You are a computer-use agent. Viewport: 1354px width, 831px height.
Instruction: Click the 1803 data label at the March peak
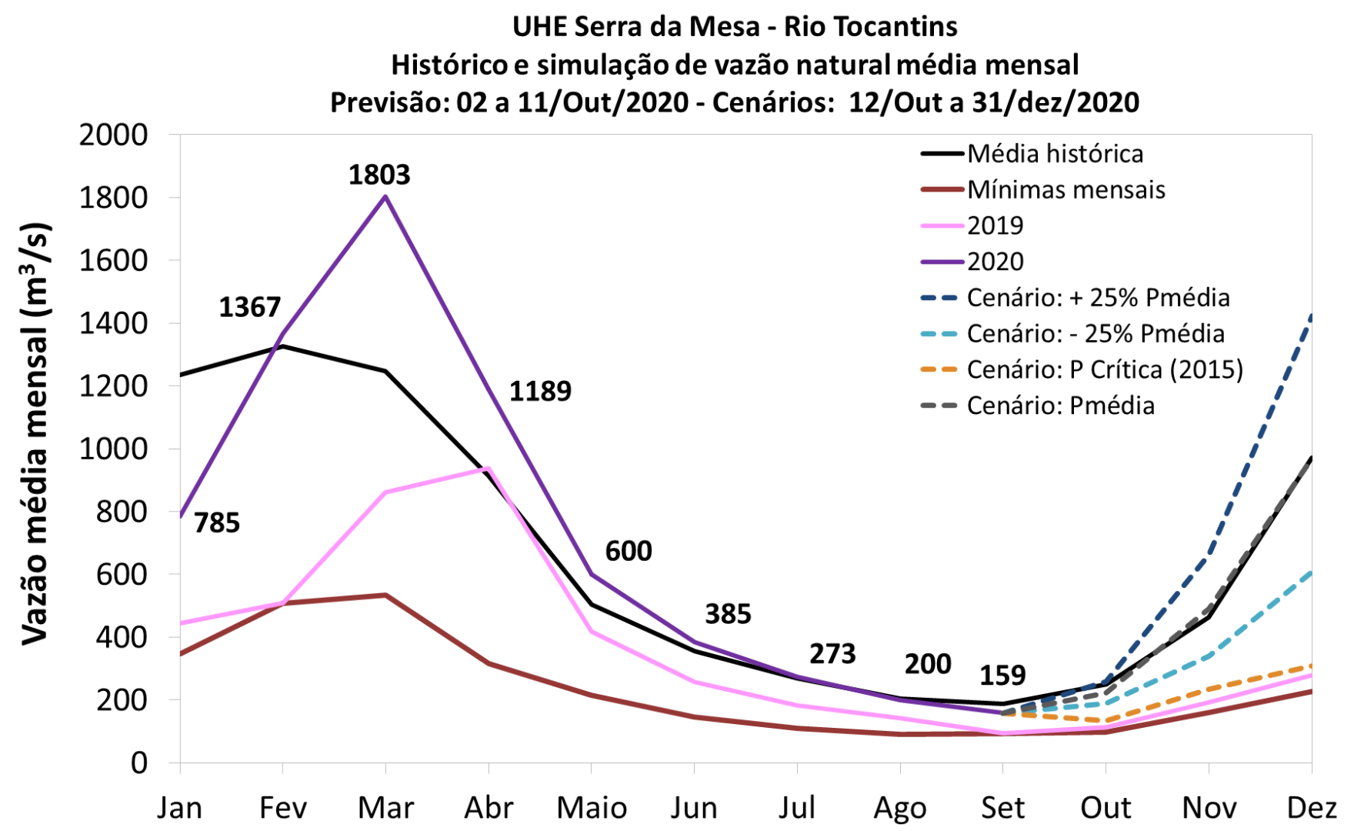379,175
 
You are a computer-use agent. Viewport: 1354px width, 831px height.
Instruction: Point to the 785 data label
217,523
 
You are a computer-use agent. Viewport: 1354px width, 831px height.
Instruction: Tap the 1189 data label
540,392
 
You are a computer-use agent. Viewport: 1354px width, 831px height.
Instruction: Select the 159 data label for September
1002,676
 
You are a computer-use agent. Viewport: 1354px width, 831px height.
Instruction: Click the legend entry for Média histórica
1055,154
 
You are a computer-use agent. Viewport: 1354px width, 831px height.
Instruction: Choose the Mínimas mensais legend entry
1066,190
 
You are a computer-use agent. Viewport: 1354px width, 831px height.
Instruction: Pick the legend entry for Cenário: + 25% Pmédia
1098,298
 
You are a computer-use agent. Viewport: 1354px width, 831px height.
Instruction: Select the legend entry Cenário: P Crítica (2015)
1105,370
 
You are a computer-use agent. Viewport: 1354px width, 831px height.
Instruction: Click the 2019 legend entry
995,225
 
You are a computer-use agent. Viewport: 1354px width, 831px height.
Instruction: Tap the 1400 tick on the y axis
113,323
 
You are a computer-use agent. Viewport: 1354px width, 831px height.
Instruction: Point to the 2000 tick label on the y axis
113,135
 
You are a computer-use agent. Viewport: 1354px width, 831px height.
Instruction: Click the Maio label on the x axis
592,809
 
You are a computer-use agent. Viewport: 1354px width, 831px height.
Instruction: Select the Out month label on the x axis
1106,809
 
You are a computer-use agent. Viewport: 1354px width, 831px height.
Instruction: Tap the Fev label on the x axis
282,809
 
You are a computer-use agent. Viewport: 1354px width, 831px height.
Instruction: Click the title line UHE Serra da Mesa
735,27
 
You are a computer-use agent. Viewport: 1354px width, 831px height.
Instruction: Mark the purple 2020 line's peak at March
385,196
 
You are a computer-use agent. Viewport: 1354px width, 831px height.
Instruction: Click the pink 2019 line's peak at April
489,468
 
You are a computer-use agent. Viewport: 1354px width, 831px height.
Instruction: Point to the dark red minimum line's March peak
385,595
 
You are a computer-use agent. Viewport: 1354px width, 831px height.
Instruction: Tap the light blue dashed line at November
1209,656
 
